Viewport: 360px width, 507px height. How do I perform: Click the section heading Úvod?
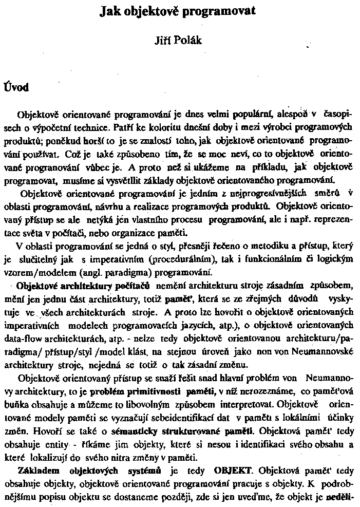tap(16, 87)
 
